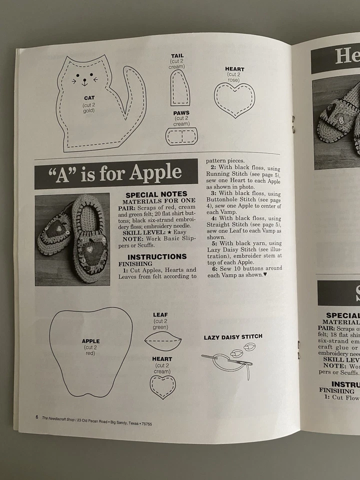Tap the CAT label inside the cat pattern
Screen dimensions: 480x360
click(89, 98)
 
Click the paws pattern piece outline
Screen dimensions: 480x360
click(181, 135)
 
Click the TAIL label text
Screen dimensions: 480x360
click(177, 55)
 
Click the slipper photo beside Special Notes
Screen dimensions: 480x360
click(72, 239)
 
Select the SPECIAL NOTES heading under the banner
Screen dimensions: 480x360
click(156, 194)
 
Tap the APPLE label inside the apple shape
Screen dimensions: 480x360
click(90, 341)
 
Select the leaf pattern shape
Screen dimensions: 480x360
click(162, 340)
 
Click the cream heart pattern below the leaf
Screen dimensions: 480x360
click(163, 385)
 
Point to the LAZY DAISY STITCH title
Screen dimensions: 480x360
click(233, 337)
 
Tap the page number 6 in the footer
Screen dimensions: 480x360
click(36, 416)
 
